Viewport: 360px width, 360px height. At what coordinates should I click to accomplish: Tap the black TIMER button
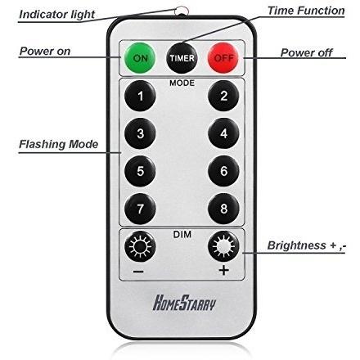click(182, 58)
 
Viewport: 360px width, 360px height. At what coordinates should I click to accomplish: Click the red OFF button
click(223, 58)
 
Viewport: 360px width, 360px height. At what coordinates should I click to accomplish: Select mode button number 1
click(140, 96)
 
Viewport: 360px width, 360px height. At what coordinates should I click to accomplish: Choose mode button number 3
click(140, 133)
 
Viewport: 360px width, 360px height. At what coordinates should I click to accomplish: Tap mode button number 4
click(223, 133)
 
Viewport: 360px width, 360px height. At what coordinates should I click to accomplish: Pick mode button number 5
click(140, 171)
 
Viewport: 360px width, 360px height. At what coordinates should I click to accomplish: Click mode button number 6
click(223, 171)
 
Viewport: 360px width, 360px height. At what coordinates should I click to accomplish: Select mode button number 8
click(223, 209)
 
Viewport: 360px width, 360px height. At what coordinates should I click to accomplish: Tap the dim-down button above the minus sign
click(140, 246)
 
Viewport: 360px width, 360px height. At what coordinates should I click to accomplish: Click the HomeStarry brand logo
click(184, 303)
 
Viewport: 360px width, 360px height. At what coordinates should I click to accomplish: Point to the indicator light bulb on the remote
click(182, 11)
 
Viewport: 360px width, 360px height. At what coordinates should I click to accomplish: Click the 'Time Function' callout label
click(306, 11)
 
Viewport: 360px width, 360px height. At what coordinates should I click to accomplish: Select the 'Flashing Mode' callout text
click(58, 144)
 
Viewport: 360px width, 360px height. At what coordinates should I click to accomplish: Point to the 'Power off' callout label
click(307, 52)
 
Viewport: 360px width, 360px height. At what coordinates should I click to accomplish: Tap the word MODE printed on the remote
click(182, 83)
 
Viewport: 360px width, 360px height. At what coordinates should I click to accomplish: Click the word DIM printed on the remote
click(182, 234)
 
